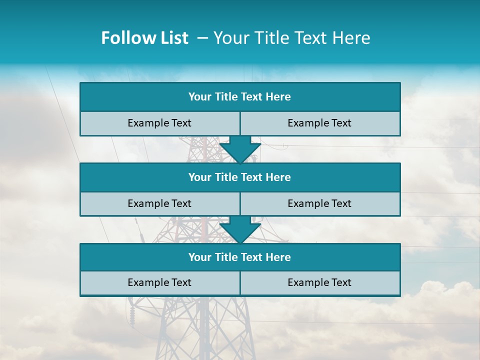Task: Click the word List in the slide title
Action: (x=171, y=38)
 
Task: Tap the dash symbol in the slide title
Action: (x=202, y=38)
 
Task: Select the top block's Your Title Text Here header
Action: (x=239, y=97)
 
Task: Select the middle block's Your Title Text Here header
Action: (x=239, y=177)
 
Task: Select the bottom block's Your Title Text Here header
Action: (x=239, y=257)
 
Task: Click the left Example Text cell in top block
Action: (x=159, y=123)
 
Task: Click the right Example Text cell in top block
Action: (x=319, y=123)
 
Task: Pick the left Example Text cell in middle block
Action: (x=159, y=203)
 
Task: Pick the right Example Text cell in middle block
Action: (x=319, y=203)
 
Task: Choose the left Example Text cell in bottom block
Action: (x=159, y=282)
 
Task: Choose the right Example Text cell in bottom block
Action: (x=319, y=282)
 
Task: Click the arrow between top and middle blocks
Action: (x=240, y=150)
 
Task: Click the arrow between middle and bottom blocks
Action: (x=240, y=230)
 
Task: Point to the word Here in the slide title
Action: (x=352, y=38)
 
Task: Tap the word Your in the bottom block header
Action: (x=199, y=257)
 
